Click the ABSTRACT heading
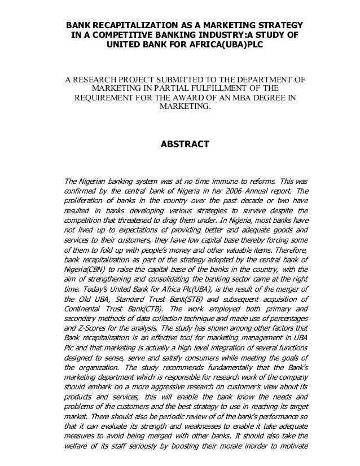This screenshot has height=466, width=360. tap(185, 145)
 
